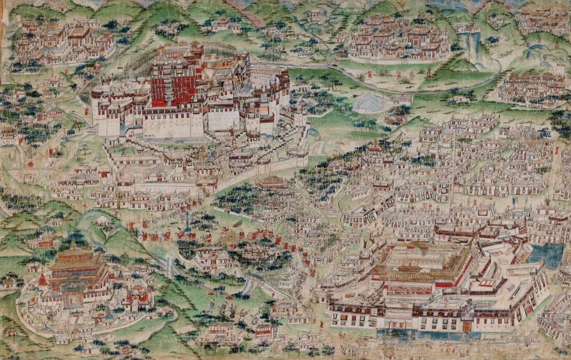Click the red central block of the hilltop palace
click(x=172, y=83)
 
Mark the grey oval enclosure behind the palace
click(x=368, y=102)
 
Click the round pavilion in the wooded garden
click(x=272, y=182)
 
